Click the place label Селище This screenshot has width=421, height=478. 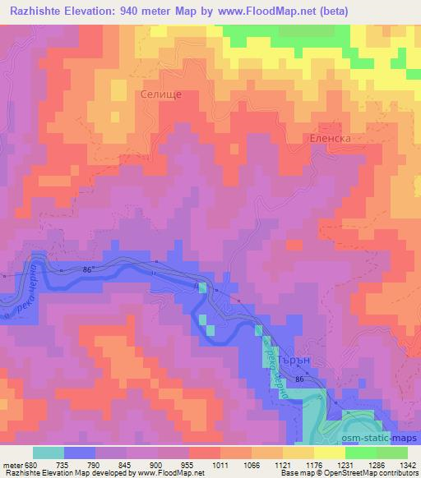(155, 94)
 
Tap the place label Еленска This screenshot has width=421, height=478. (330, 139)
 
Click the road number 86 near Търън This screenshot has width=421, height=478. (301, 379)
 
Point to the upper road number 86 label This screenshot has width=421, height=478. (89, 269)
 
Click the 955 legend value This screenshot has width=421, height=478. (188, 464)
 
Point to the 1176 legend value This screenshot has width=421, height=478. (313, 464)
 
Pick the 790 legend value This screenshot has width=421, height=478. (96, 464)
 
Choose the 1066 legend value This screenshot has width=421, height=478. (252, 464)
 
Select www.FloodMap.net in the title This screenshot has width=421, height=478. (261, 11)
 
